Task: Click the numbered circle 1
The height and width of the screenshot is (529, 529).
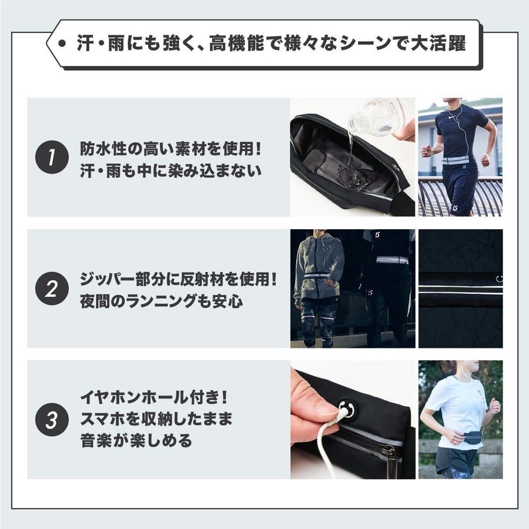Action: [52, 157]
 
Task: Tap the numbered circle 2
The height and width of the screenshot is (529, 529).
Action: [52, 289]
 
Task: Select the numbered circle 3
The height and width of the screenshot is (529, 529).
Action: [52, 420]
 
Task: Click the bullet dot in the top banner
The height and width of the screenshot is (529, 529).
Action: [62, 43]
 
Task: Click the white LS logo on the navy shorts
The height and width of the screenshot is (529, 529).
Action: [456, 208]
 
